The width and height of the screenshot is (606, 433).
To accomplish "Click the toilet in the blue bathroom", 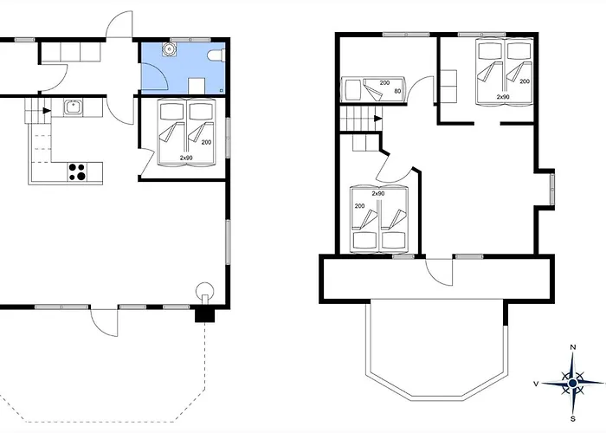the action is pyautogui.click(x=216, y=55).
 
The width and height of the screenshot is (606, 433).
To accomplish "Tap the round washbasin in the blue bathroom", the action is pyautogui.click(x=169, y=48).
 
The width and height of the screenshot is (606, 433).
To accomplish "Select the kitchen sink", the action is pyautogui.click(x=73, y=107).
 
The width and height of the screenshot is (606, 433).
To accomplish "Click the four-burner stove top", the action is pyautogui.click(x=77, y=171).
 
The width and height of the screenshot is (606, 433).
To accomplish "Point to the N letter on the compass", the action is pyautogui.click(x=573, y=347).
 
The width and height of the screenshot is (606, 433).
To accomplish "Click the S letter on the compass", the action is pyautogui.click(x=573, y=418).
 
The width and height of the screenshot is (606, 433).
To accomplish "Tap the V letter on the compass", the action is pyautogui.click(x=536, y=384).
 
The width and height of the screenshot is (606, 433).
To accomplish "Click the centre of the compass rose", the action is pyautogui.click(x=573, y=383).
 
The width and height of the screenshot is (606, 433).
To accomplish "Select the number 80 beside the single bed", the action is pyautogui.click(x=397, y=91).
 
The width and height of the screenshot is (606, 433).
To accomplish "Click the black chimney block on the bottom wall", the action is pyautogui.click(x=204, y=314).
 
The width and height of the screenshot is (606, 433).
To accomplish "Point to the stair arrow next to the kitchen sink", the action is pyautogui.click(x=47, y=111).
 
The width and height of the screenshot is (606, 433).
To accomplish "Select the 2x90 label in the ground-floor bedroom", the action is pyautogui.click(x=186, y=158).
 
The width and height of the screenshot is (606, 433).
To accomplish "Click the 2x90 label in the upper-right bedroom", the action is pyautogui.click(x=503, y=97).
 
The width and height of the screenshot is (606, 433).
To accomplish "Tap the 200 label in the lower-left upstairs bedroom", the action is pyautogui.click(x=359, y=206).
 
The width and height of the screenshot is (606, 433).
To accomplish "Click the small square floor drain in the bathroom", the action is pyautogui.click(x=221, y=90).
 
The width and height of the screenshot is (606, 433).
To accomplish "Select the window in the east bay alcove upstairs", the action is pyautogui.click(x=552, y=190).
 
